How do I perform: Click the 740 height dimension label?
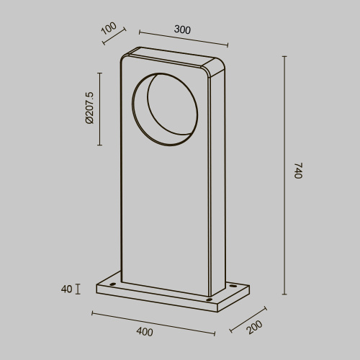[x=297, y=172]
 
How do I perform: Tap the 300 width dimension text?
[x=182, y=30]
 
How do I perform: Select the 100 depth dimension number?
[x=108, y=29]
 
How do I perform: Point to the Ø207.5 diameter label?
[x=89, y=108]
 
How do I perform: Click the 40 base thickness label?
[x=66, y=289]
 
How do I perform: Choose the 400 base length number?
[x=144, y=332]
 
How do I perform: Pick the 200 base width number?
[x=253, y=328]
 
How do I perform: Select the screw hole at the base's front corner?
[x=209, y=299]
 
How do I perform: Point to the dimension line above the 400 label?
[x=153, y=323]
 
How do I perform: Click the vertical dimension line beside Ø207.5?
[x=99, y=108]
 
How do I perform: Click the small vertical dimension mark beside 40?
[x=78, y=289]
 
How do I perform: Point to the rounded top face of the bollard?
[x=173, y=56]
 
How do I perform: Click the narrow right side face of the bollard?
[x=214, y=180]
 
